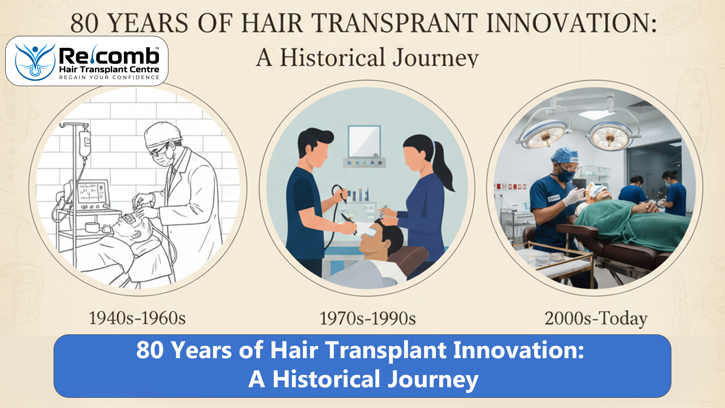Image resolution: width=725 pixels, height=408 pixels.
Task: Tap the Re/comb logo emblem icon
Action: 35,62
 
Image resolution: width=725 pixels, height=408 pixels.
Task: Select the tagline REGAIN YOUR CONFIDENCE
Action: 110,77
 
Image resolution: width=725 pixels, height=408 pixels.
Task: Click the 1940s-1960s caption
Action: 137,318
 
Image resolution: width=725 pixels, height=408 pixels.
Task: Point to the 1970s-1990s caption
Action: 368,318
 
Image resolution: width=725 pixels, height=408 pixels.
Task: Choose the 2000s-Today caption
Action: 596,318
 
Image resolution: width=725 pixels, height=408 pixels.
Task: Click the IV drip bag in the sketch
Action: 85,144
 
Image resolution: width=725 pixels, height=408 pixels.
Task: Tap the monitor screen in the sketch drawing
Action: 92,193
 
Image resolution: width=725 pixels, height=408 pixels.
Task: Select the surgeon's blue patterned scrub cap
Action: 565,155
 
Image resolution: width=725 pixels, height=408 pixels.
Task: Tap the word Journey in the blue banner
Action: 433,379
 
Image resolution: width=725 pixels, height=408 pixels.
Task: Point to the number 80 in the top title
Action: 85,23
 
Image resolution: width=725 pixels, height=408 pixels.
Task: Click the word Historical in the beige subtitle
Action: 332,58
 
